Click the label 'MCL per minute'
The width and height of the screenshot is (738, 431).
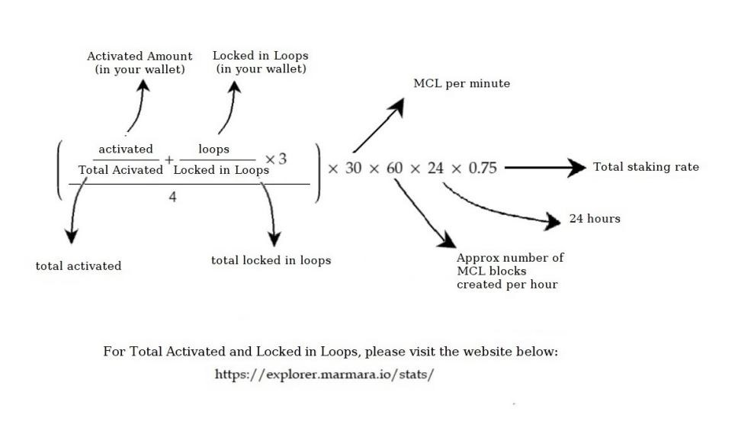click(x=461, y=83)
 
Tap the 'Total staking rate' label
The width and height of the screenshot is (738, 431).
click(x=646, y=167)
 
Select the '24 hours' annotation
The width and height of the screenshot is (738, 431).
click(x=595, y=219)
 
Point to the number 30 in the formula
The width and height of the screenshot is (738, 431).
click(x=354, y=168)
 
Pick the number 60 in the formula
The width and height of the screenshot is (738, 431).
click(x=394, y=168)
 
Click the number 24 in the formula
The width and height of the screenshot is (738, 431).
click(x=435, y=168)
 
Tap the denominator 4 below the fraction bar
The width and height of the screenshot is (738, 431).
click(x=172, y=198)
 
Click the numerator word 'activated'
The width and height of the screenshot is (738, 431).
click(x=126, y=149)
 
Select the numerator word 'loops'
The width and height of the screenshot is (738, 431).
click(x=213, y=149)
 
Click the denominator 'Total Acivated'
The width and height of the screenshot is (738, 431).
click(x=120, y=170)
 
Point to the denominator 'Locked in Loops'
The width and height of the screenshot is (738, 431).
click(x=221, y=170)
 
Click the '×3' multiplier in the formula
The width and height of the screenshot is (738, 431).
click(x=276, y=159)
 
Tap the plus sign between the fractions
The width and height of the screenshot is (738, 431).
click(x=168, y=161)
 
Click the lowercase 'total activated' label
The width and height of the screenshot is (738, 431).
click(x=79, y=266)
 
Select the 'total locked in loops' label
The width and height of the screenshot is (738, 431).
click(x=271, y=261)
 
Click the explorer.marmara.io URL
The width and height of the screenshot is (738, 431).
click(x=324, y=375)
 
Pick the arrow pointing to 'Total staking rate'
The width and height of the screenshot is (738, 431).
click(x=544, y=168)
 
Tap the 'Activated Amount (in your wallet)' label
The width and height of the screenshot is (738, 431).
click(x=140, y=63)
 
